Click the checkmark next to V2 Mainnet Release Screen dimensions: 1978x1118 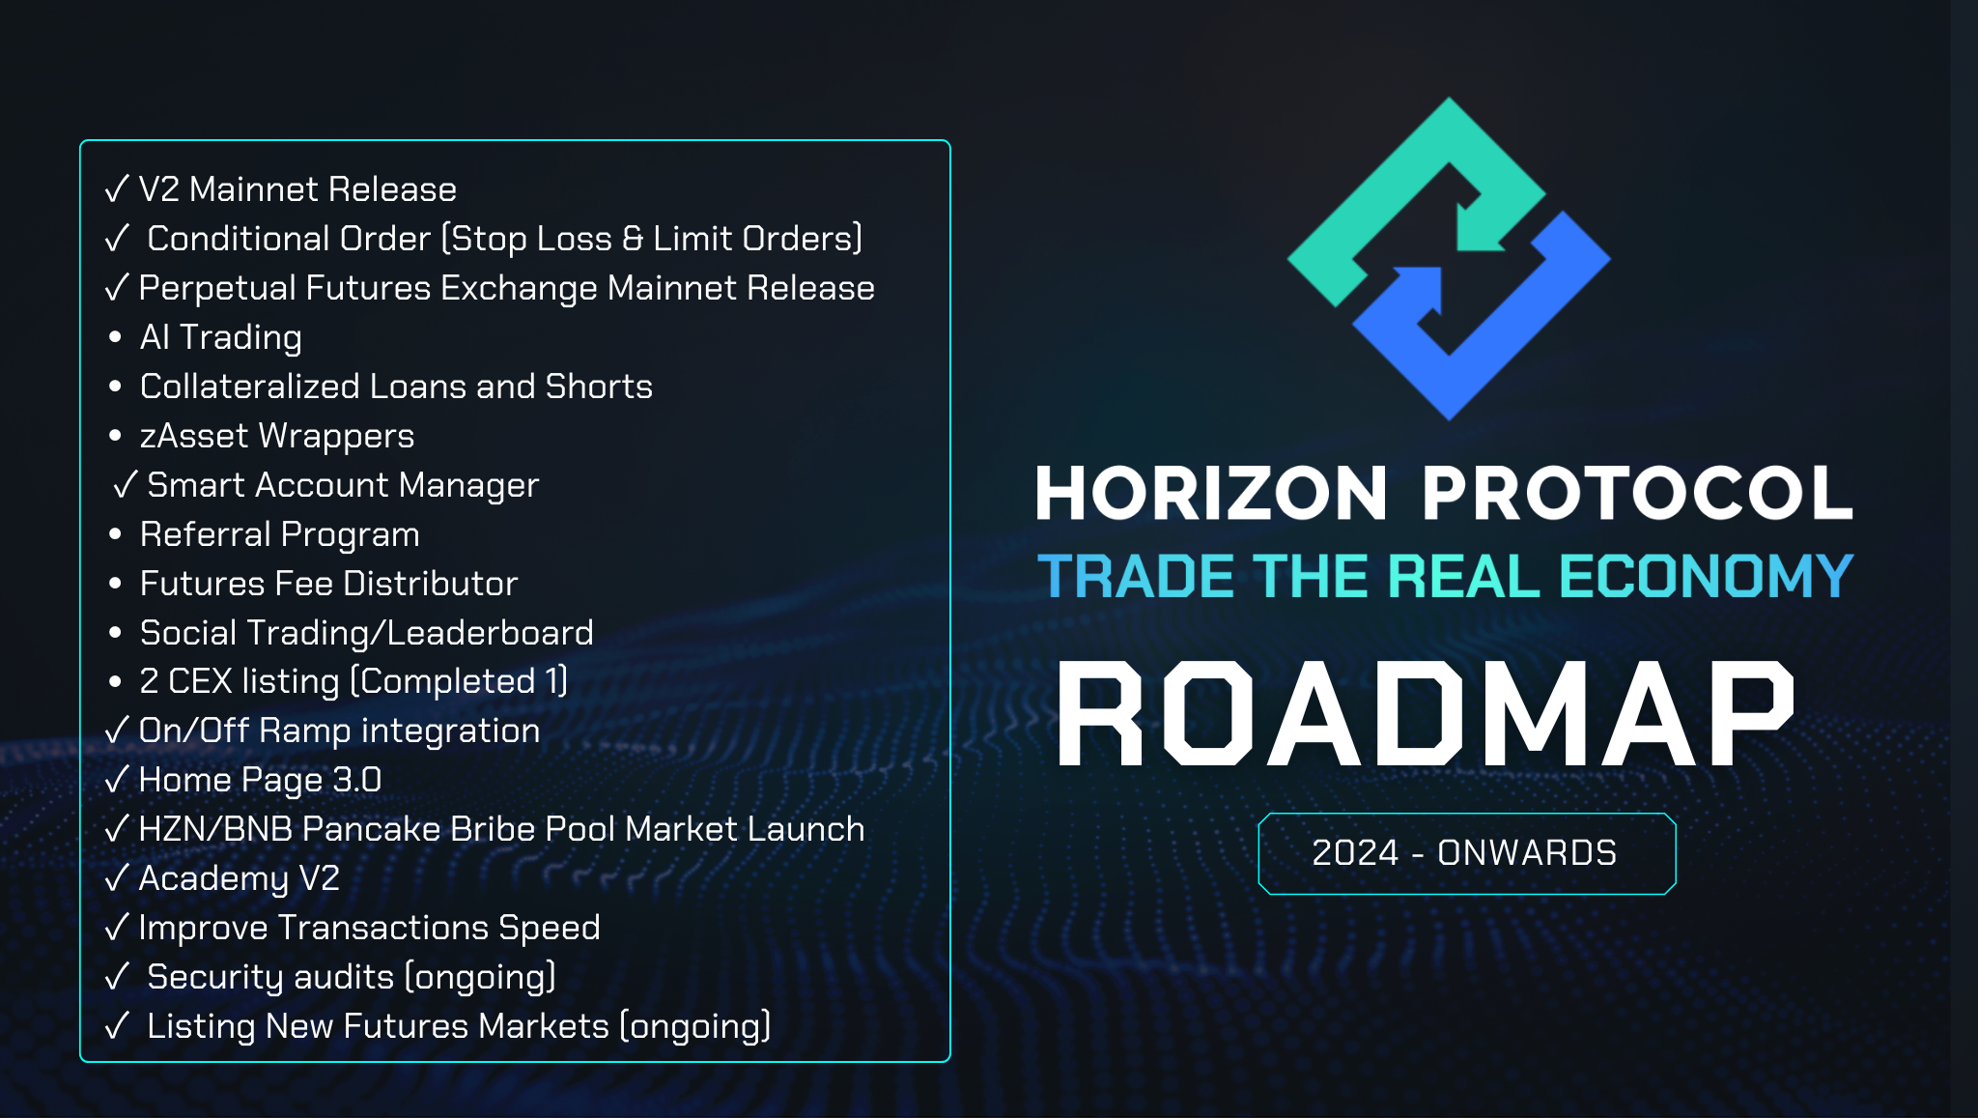coord(117,188)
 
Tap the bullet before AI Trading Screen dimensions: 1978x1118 coord(116,337)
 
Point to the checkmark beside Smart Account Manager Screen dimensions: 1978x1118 coord(126,484)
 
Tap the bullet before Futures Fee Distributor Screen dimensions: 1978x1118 coord(116,584)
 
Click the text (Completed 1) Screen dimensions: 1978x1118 coord(459,681)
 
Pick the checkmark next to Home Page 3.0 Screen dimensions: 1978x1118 coord(117,779)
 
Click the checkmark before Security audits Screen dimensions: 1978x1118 coord(117,976)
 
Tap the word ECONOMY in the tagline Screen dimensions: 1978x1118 coord(1707,577)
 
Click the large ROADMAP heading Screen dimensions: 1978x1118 coord(1426,714)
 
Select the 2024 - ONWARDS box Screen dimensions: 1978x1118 coord(1466,853)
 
